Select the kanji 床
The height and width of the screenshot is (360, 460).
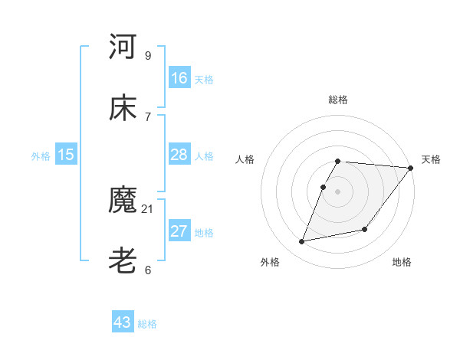[x=123, y=108]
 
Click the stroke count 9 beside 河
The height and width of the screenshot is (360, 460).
[x=147, y=55]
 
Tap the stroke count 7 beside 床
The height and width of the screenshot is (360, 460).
[x=147, y=116]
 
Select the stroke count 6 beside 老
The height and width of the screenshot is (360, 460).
[x=147, y=270]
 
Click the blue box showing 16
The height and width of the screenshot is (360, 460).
[x=179, y=77]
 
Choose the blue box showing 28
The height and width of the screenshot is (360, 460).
[x=179, y=155]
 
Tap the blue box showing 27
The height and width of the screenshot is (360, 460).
[x=179, y=231]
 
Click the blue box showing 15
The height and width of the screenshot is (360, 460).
[x=66, y=155]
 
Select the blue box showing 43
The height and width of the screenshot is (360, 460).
[x=123, y=322]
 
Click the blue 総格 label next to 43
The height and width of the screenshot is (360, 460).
[x=147, y=324]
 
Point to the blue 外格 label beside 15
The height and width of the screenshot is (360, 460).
[x=41, y=156]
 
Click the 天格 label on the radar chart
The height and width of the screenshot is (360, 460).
[x=431, y=159]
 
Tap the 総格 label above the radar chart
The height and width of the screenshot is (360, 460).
[x=338, y=100]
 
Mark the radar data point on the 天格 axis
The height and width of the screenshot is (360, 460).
[x=411, y=168]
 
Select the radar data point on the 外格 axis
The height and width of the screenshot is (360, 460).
[x=302, y=242]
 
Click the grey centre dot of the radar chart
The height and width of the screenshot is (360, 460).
[x=338, y=191]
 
